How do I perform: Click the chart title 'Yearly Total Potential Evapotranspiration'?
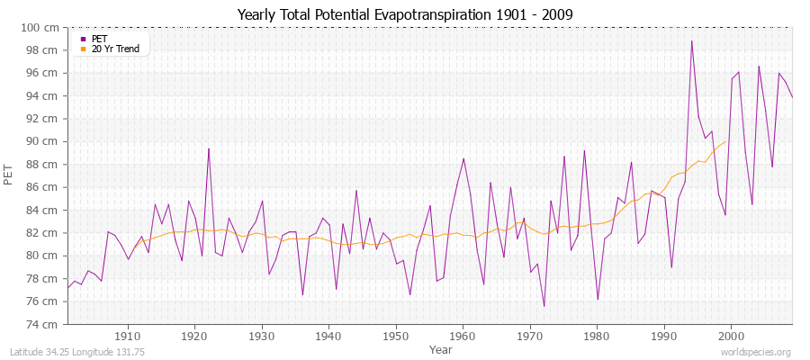point(404,14)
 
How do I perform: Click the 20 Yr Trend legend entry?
point(115,49)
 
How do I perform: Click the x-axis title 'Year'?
point(440,348)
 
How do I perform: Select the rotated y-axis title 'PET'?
point(10,175)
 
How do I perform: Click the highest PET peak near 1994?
point(691,41)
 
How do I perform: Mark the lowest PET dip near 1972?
point(544,306)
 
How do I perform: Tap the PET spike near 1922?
point(208,148)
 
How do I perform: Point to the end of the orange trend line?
point(724,141)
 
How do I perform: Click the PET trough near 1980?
point(598,299)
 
